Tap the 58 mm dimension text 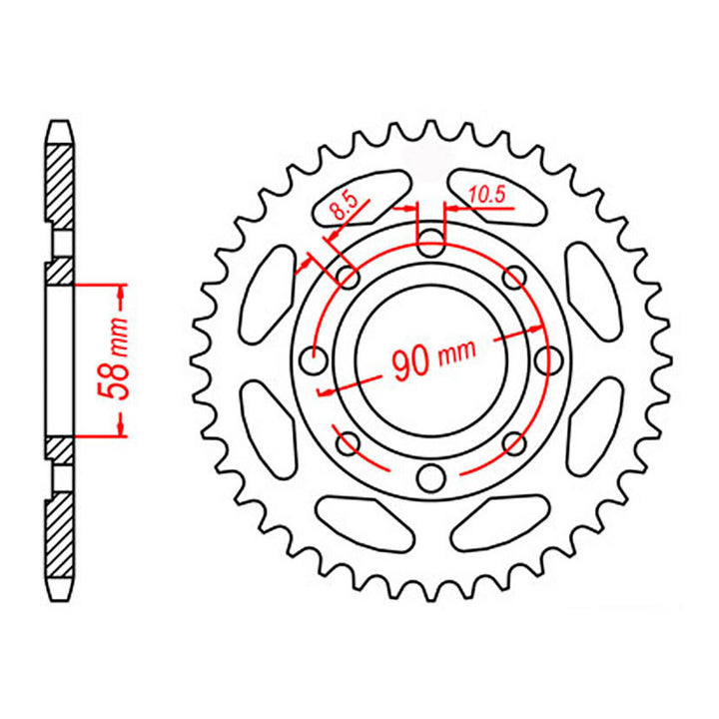[x=118, y=359]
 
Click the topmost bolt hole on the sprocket [x=430, y=241]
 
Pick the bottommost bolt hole [x=430, y=477]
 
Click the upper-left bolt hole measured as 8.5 [x=348, y=277]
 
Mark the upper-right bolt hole [x=513, y=277]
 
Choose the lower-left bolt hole [x=348, y=442]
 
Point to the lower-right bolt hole [x=513, y=442]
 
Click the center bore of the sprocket [x=430, y=359]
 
